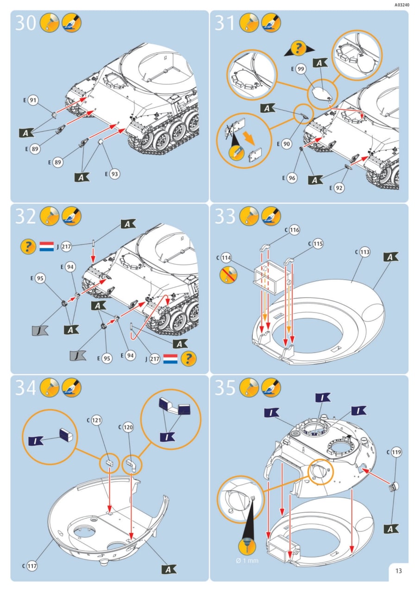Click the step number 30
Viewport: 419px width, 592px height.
pos(25,23)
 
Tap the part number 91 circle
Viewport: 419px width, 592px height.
pos(33,100)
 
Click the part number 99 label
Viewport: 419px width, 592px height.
pos(301,69)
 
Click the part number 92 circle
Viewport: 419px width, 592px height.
pos(339,188)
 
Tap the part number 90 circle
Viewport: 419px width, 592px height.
pos(287,144)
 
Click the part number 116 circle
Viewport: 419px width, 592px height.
pos(294,230)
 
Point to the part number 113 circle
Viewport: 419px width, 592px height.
pos(365,252)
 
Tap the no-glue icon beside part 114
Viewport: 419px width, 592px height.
pos(228,274)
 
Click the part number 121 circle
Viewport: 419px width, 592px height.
pos(97,420)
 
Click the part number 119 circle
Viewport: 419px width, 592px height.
pos(396,452)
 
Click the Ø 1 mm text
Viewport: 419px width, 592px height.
pos(247,561)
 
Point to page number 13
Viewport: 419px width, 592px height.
pos(399,571)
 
